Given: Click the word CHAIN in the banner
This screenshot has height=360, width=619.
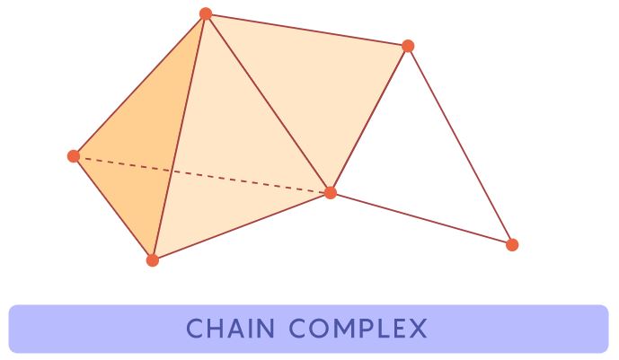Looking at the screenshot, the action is point(230,329).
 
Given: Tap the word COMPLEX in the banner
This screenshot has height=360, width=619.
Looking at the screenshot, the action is point(358,329).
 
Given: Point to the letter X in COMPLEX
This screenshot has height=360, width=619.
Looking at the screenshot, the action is point(418,329).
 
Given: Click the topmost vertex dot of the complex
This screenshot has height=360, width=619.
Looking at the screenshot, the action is point(206,13).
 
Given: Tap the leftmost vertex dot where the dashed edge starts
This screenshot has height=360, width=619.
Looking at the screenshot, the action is point(74,156).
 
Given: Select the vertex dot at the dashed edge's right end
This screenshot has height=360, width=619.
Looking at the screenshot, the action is point(331,193).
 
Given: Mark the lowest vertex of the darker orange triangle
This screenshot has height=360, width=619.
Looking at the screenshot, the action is point(153,260).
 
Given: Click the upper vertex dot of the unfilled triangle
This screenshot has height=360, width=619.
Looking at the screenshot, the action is point(408,46).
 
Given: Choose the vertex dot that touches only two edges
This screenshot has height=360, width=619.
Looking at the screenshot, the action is point(512,245).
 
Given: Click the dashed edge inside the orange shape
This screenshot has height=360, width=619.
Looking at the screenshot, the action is point(202,175).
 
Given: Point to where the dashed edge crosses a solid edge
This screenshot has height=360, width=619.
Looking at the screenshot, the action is point(172,171).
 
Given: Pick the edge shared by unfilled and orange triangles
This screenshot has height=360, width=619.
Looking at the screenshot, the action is point(369,119).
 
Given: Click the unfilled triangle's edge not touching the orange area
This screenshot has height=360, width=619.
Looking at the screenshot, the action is point(460,145).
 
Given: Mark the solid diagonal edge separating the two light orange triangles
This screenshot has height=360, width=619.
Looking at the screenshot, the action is point(268,103).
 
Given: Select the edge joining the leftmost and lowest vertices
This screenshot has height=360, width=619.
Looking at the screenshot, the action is point(113,208).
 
